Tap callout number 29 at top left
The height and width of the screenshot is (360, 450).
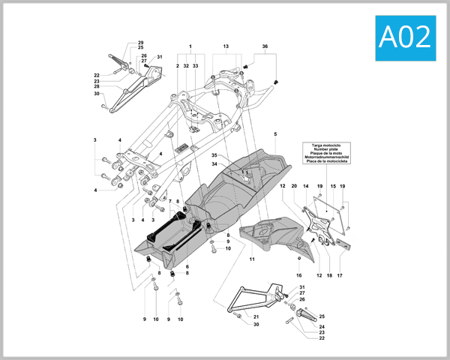[x=140, y=43]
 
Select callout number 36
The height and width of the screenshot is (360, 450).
[x=265, y=46]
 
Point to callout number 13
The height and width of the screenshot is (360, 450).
[x=226, y=46]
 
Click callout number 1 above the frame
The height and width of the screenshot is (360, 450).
[x=190, y=46]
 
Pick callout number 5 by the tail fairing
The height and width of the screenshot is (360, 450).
[x=275, y=134]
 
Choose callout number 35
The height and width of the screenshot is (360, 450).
[x=214, y=155]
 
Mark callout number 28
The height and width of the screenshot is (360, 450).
[x=97, y=86]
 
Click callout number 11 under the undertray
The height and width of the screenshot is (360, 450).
[x=252, y=259]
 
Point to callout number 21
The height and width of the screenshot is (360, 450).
[x=256, y=317]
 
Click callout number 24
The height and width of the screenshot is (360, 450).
[x=322, y=327]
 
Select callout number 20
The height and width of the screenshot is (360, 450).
[x=294, y=185]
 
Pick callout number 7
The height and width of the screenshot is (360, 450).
[x=170, y=202]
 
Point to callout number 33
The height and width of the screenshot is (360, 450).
[x=196, y=66]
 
